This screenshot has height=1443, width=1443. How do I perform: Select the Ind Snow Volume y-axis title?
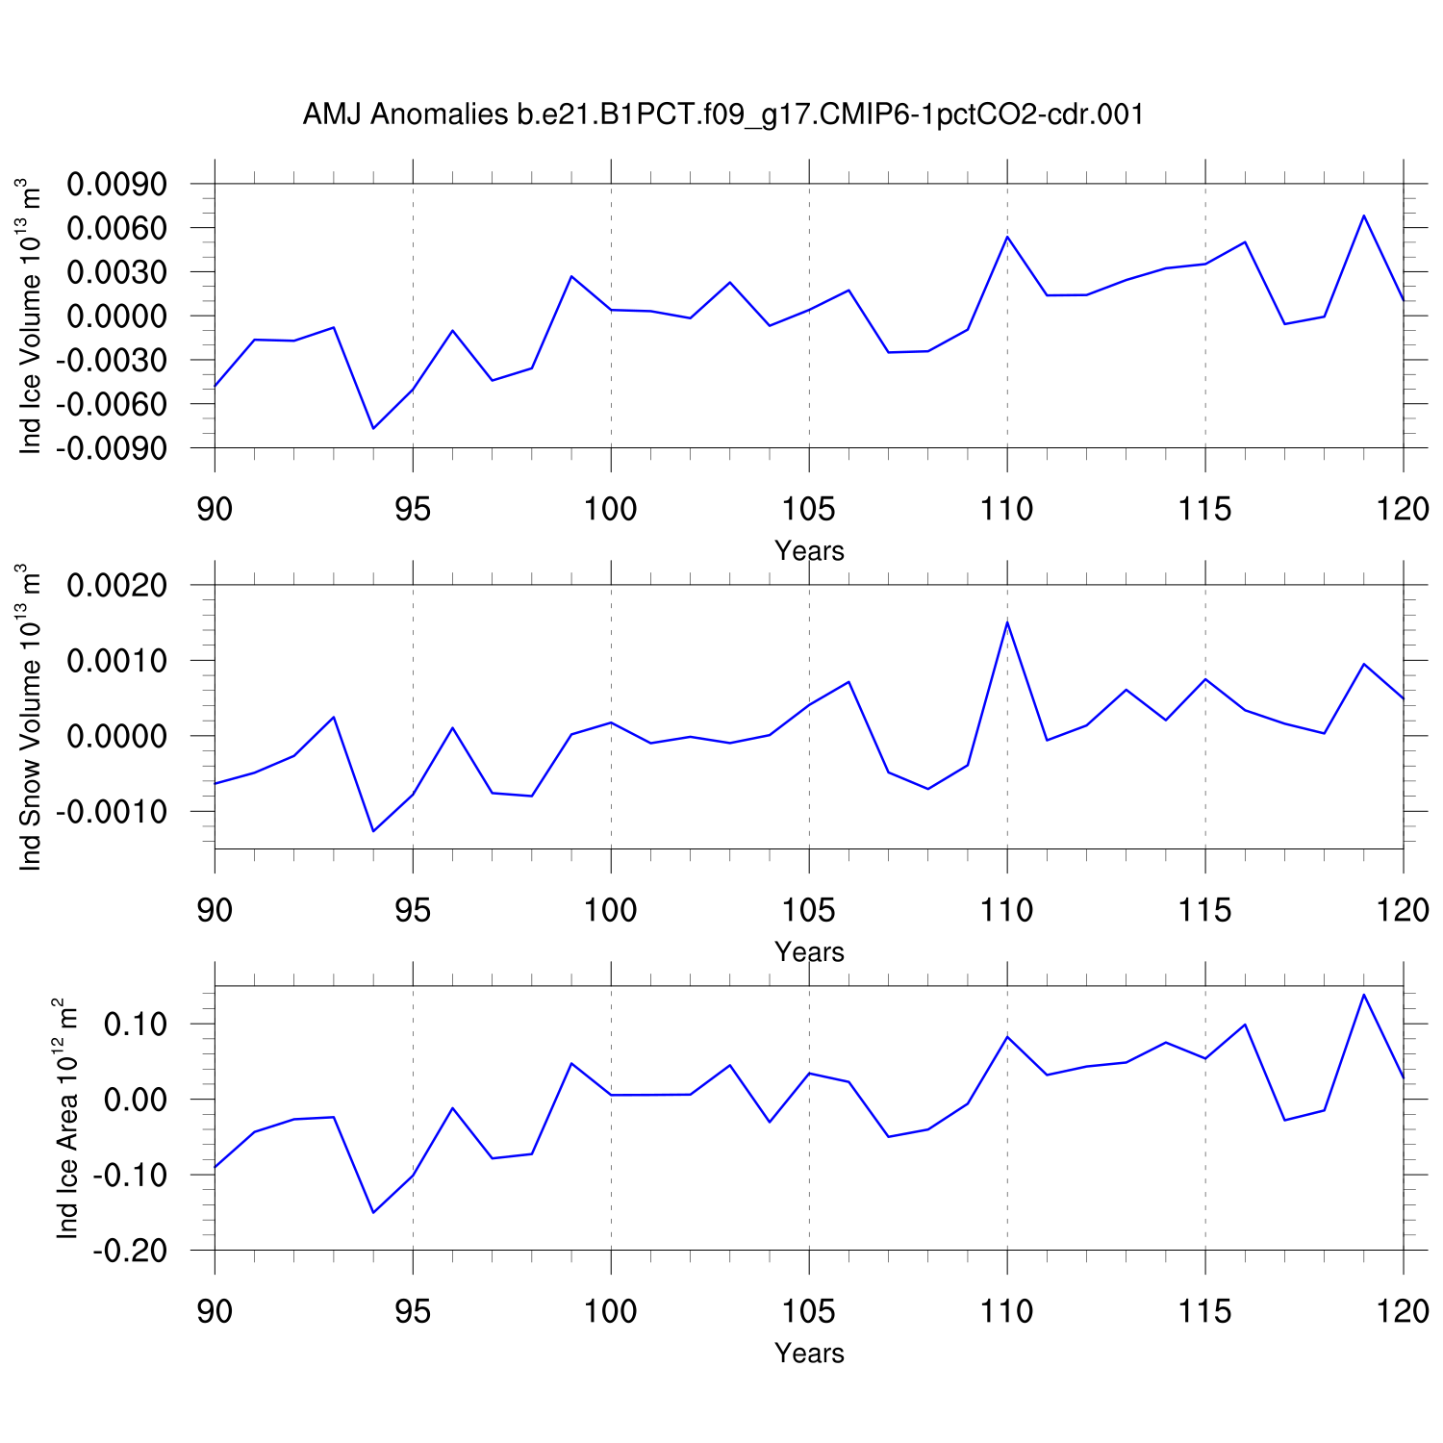(x=31, y=717)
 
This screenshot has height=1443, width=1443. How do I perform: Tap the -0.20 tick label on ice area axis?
(x=142, y=1251)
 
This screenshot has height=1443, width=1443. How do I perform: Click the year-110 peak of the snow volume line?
(x=1007, y=622)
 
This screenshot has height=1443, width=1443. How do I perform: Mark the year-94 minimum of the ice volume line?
(x=373, y=428)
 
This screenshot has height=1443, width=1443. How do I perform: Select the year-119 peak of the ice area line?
(x=1364, y=995)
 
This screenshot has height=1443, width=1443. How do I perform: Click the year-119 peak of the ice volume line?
(x=1364, y=215)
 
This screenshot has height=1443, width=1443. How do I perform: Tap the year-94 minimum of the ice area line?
(x=373, y=1212)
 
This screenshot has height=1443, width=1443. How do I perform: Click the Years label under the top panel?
(x=809, y=551)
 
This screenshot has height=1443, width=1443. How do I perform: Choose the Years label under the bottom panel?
(x=809, y=1354)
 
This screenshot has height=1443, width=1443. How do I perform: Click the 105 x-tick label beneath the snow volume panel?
(x=809, y=909)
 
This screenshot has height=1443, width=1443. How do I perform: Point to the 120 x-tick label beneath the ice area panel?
(x=1403, y=1310)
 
